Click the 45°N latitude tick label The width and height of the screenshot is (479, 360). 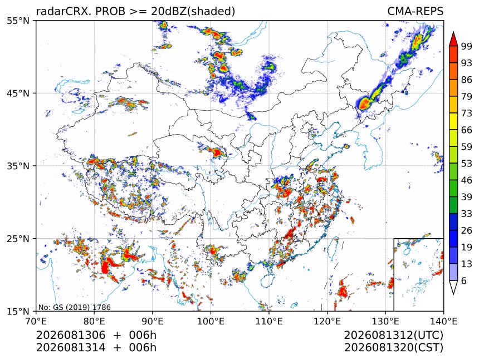coord(18,93)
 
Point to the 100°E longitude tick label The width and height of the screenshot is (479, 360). coord(211,322)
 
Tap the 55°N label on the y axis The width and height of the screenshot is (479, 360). coord(18,21)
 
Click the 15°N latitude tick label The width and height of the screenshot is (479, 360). coord(18,311)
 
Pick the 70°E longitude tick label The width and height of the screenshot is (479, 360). coord(36,322)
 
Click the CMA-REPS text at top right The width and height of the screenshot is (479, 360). coord(415,11)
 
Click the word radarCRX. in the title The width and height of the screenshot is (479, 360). coord(64,11)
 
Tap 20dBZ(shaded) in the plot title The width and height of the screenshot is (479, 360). coord(193,11)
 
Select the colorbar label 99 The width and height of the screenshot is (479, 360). coord(467,47)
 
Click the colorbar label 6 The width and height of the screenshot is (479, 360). coord(464,280)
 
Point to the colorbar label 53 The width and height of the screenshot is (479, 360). coord(467,164)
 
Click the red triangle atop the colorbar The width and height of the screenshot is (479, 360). coord(453,40)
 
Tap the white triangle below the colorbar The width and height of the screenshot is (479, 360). coord(453,286)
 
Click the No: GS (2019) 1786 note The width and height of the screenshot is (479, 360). coord(74,307)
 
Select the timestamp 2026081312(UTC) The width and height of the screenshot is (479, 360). coord(393,336)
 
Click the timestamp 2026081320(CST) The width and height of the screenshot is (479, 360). coord(393,348)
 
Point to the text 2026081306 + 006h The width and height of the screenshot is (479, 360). coord(96,336)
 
